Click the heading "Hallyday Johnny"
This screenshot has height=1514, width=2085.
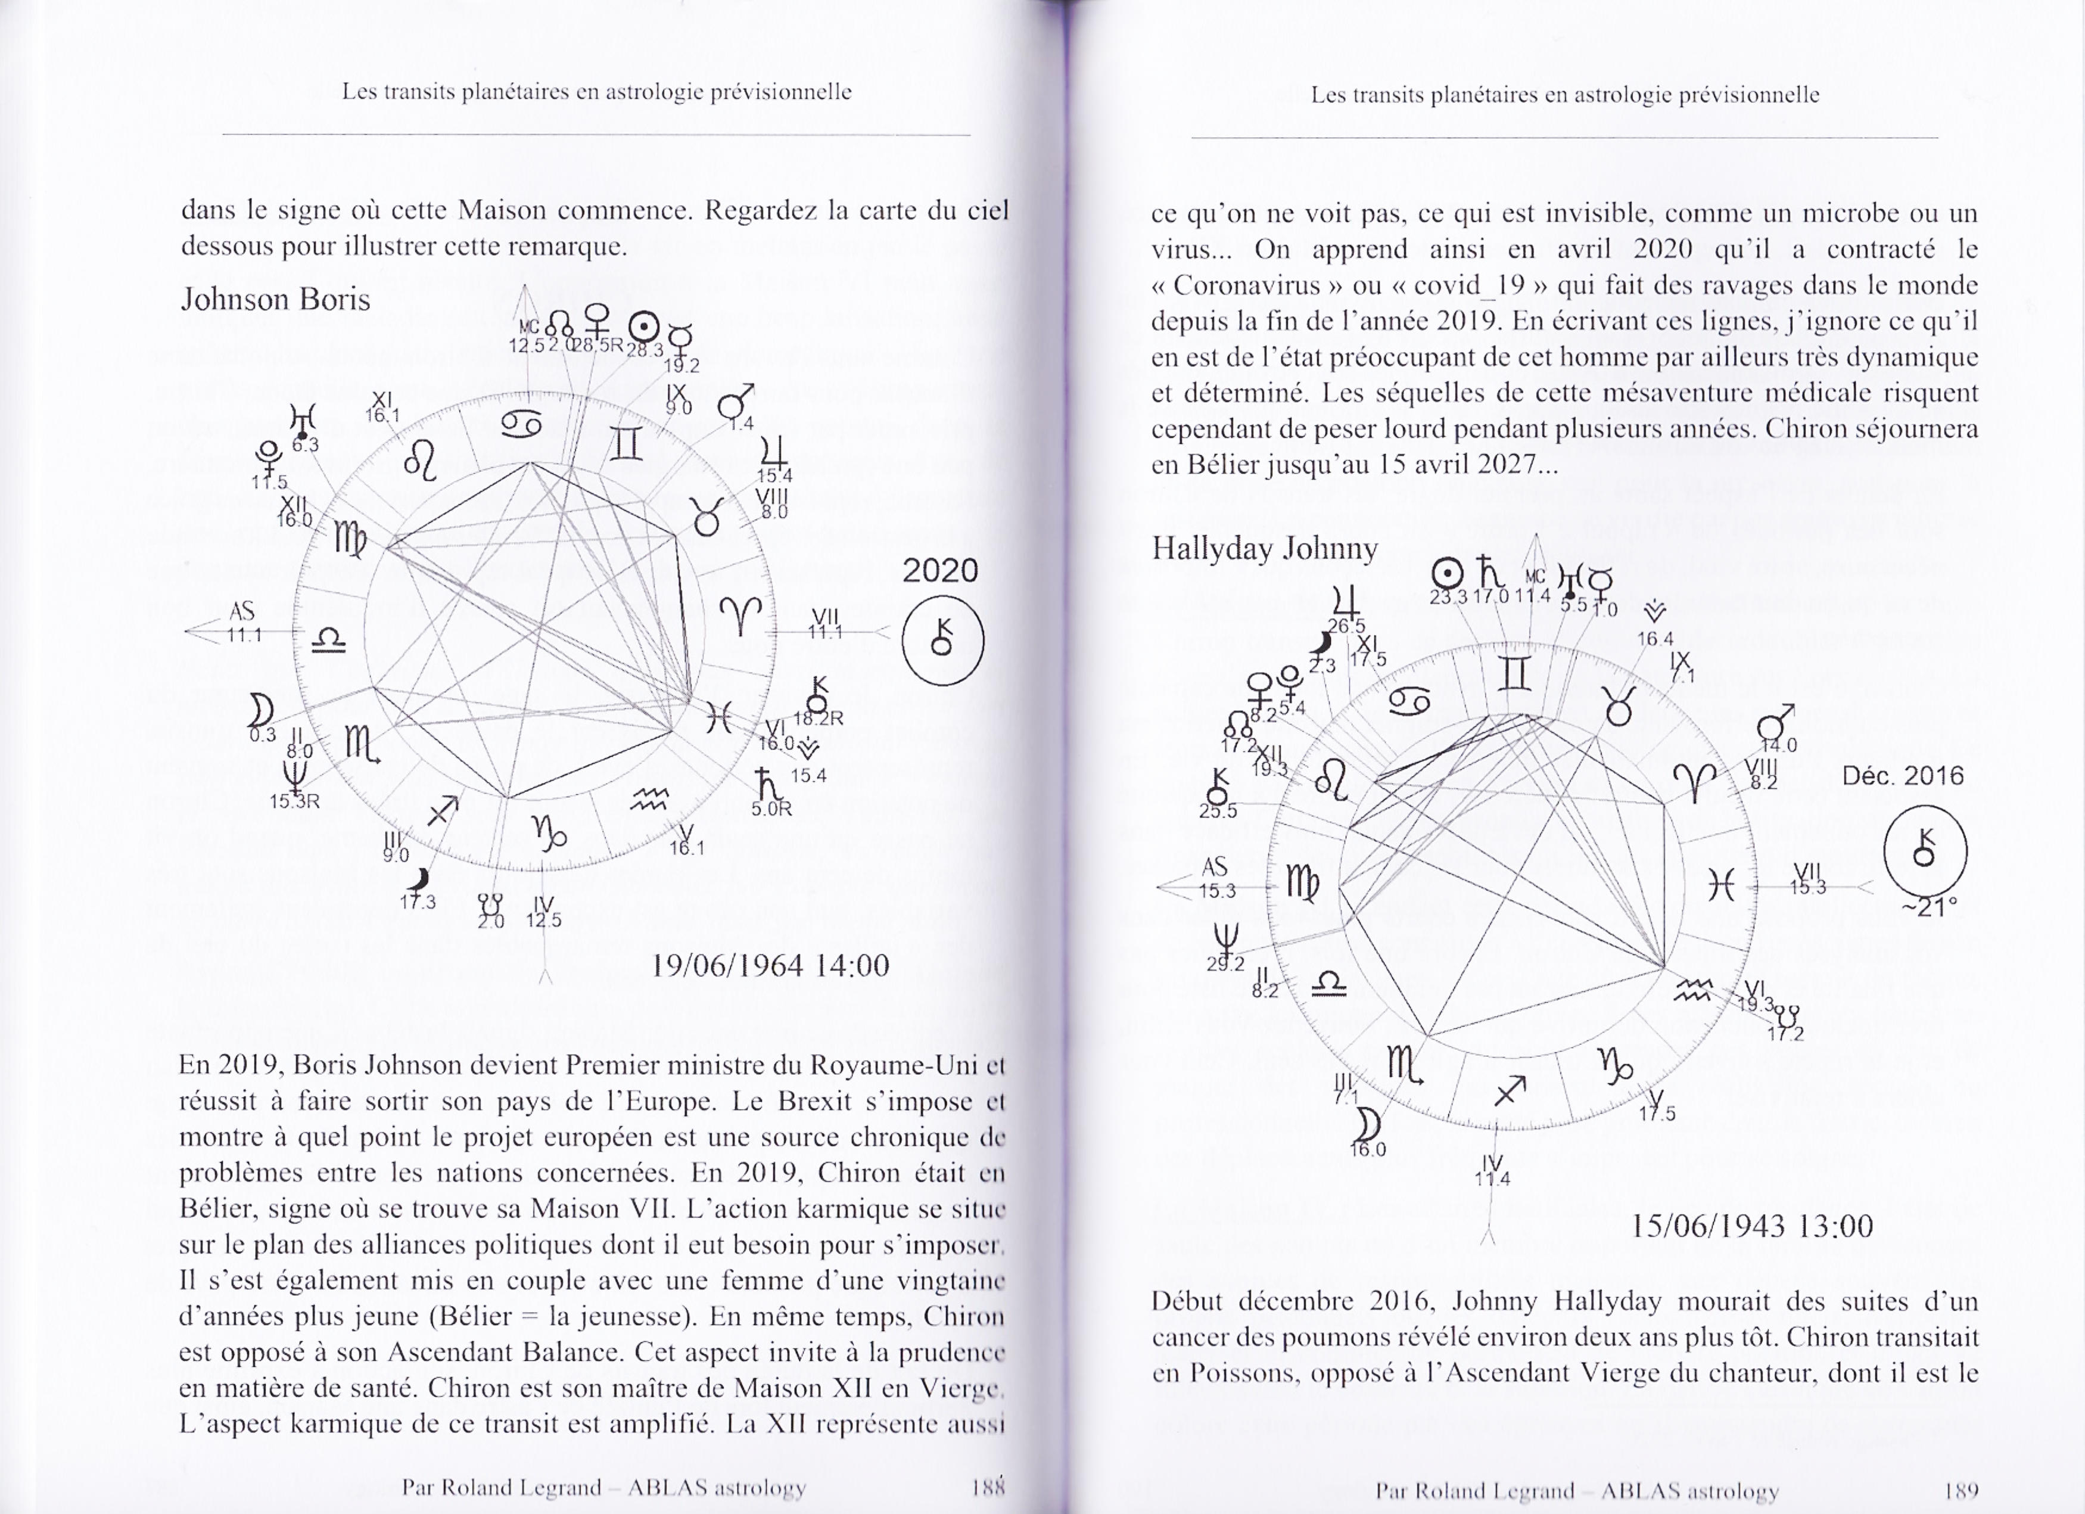[1264, 549]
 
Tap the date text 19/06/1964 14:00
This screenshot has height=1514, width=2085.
[770, 965]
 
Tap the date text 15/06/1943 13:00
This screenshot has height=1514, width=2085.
[1751, 1226]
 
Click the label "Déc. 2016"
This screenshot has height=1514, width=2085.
[1902, 776]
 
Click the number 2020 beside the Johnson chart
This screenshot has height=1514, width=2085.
[939, 571]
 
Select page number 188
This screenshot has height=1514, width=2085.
[988, 1487]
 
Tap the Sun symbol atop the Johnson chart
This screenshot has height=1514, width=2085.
[643, 327]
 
